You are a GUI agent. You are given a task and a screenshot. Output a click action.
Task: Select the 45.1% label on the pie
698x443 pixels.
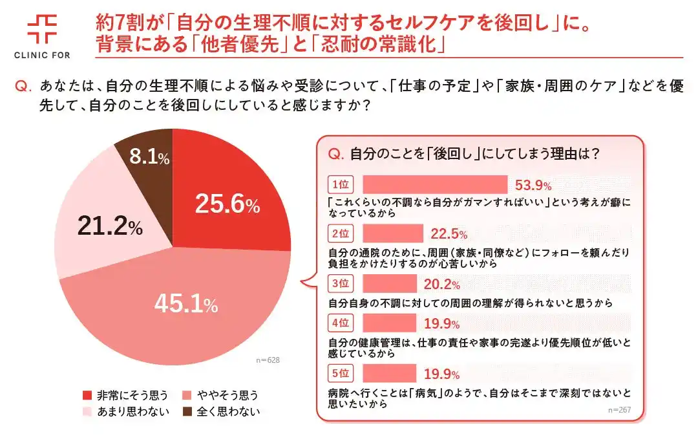(186, 304)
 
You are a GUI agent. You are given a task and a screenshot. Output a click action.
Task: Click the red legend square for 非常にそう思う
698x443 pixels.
(87, 395)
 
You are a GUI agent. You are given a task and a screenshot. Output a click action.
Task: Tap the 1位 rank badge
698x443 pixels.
(340, 185)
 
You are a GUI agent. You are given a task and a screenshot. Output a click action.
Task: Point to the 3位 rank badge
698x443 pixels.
(340, 283)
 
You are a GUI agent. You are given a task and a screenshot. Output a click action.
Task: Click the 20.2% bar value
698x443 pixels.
(441, 285)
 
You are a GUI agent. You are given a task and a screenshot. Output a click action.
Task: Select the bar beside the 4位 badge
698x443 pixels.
(390, 323)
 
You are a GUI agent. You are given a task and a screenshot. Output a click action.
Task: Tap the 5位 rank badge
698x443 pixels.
(340, 373)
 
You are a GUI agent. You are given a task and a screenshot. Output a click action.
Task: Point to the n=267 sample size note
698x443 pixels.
(619, 410)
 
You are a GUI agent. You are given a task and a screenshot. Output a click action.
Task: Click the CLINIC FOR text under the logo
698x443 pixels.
(42, 55)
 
